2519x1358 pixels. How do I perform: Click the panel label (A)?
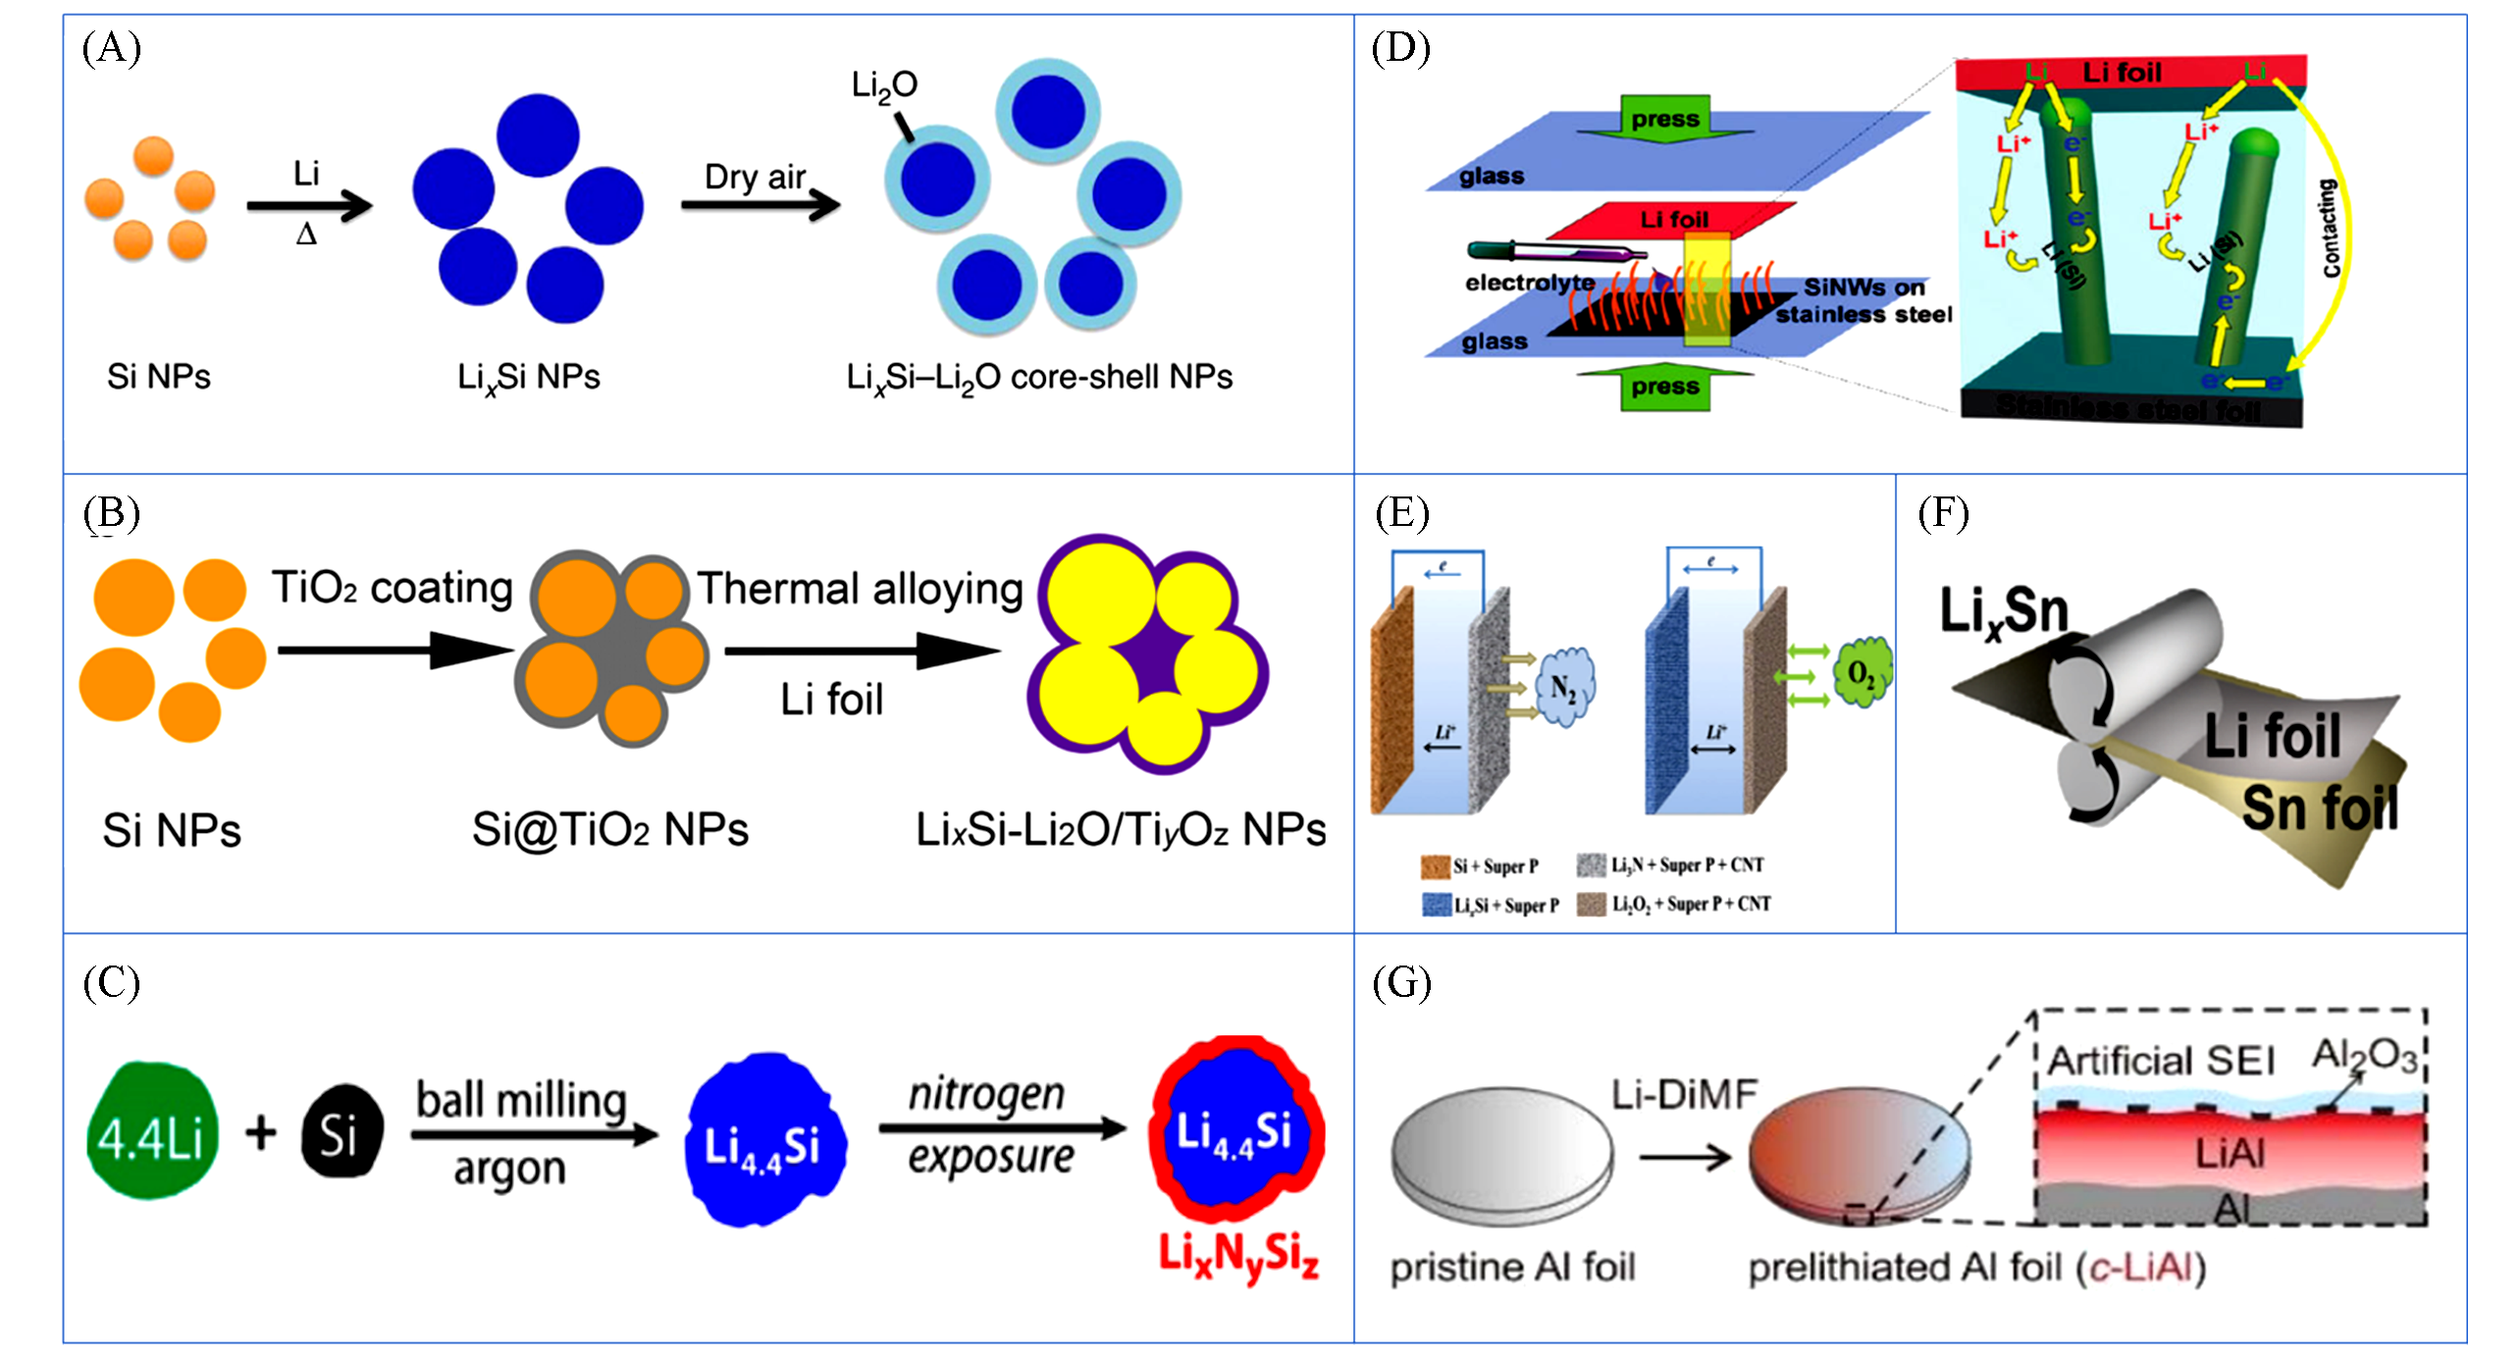point(111,47)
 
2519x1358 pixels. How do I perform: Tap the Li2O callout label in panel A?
point(883,86)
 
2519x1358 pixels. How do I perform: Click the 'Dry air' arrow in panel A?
point(761,204)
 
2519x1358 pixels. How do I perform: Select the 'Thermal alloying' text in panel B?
point(860,589)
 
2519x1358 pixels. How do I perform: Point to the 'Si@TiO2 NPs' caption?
point(609,830)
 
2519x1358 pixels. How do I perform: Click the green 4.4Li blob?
point(151,1131)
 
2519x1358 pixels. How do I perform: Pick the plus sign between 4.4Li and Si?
point(261,1132)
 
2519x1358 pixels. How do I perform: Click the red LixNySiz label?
point(1238,1256)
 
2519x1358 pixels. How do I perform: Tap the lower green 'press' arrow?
point(1665,387)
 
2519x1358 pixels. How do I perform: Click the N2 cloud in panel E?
point(1563,688)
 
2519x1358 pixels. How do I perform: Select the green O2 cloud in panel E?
point(1862,672)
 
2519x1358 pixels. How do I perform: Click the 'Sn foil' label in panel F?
point(2320,808)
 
